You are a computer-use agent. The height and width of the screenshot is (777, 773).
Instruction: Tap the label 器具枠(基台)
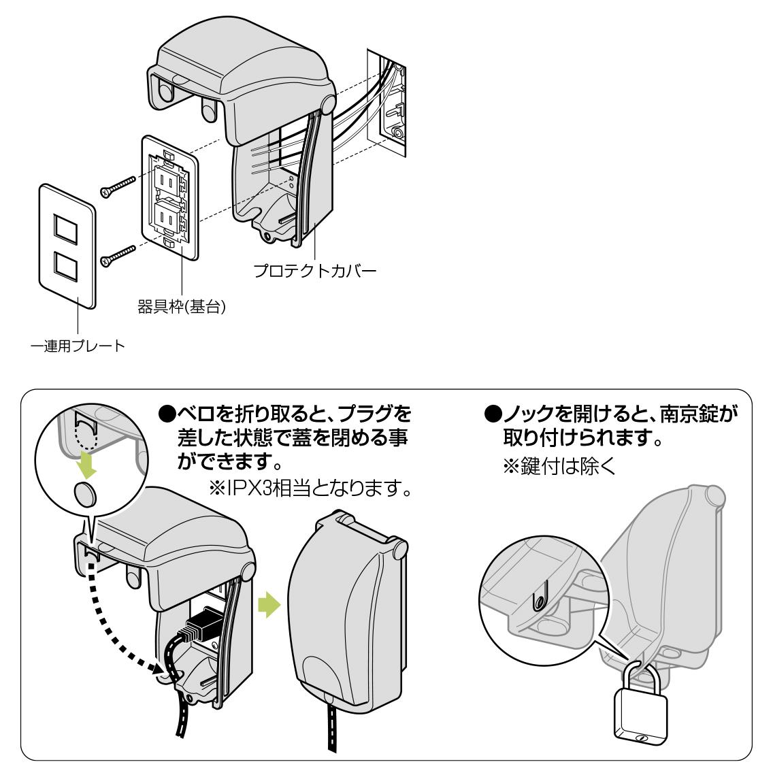[182, 308]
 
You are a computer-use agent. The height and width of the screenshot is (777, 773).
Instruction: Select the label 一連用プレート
[79, 346]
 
